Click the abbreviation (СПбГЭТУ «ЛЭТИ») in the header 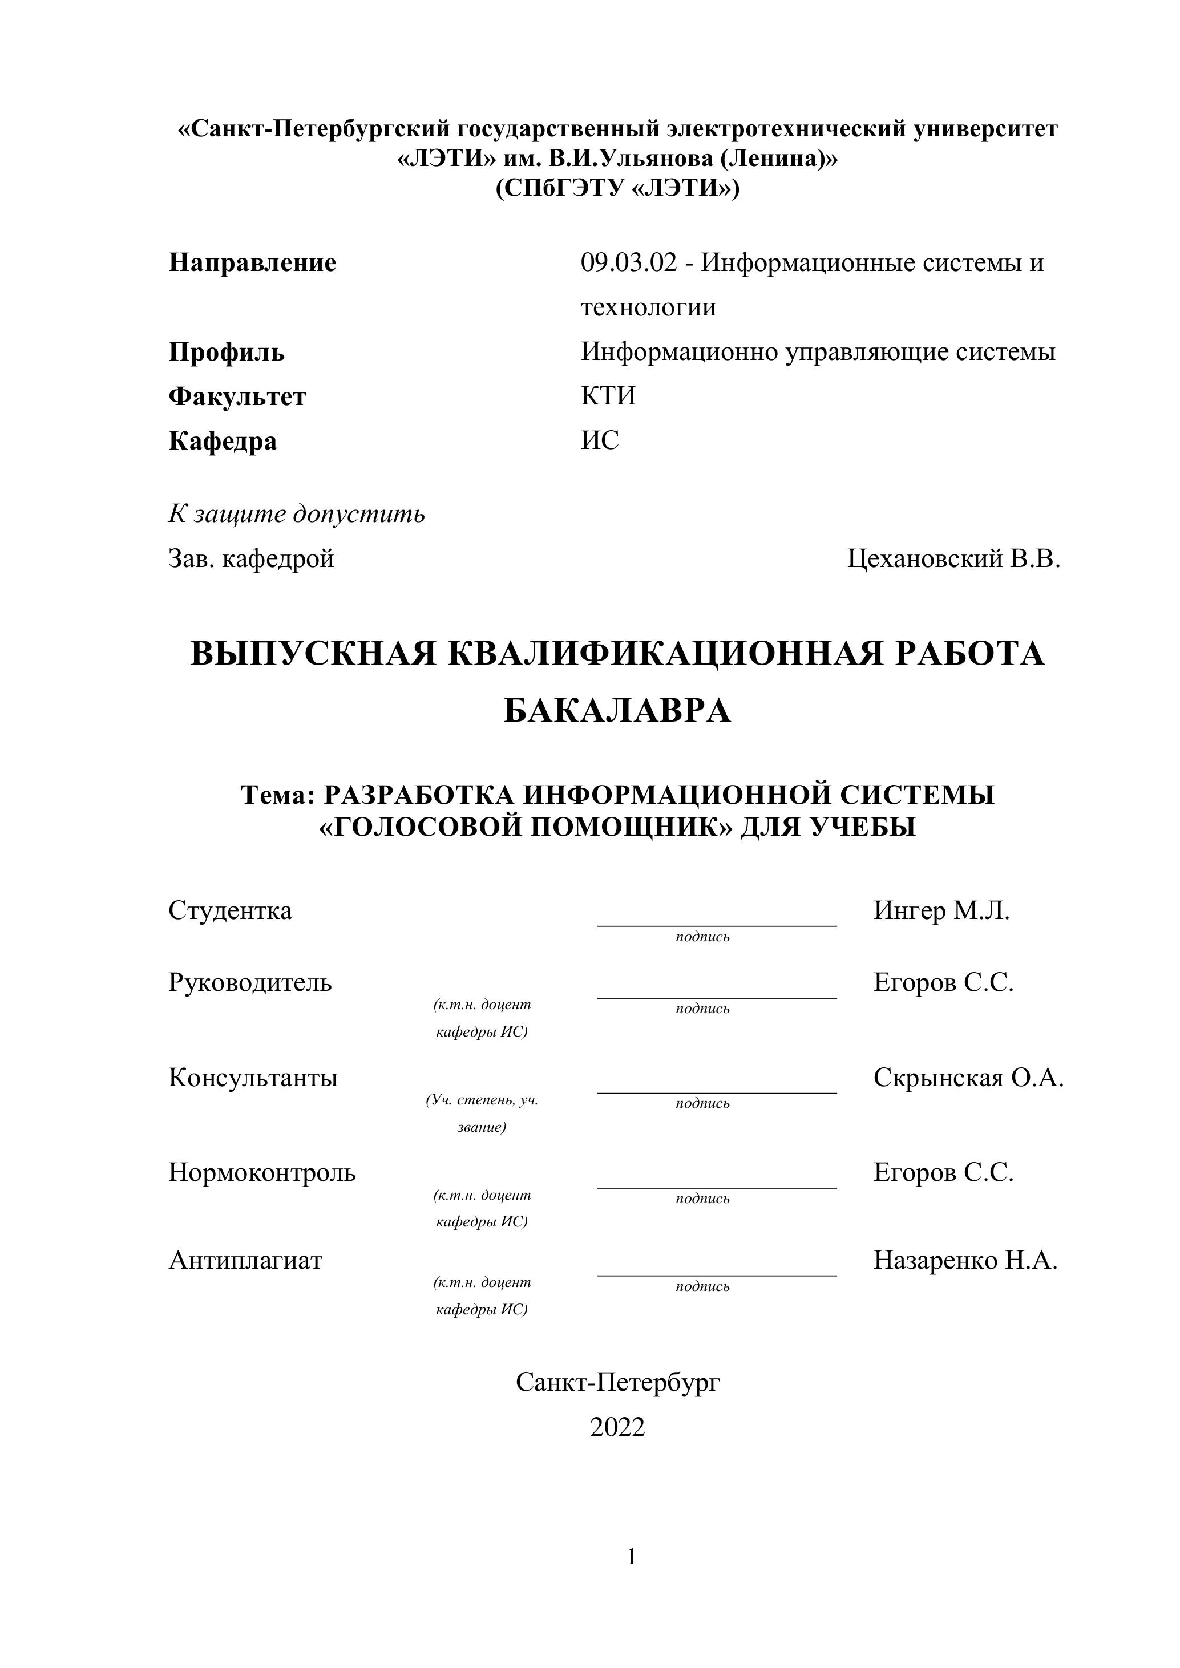coord(617,188)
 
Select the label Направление coord(252,262)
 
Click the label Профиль coord(227,353)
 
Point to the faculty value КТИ coord(608,396)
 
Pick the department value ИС coord(600,440)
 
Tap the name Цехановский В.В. coord(953,558)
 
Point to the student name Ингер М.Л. coord(941,910)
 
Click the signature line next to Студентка coord(717,925)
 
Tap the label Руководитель coord(250,982)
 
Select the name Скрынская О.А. coord(968,1078)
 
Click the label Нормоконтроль coord(261,1172)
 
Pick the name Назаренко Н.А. coord(965,1260)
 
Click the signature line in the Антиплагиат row coord(717,1275)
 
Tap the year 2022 coord(617,1427)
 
